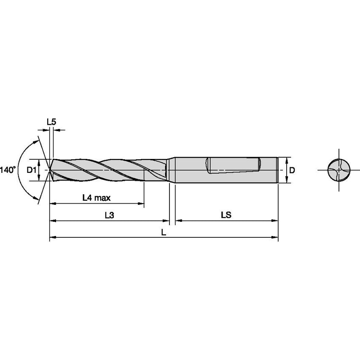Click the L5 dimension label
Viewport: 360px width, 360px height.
(51, 122)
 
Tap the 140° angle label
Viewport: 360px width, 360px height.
(8, 170)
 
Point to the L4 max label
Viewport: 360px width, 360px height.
(97, 197)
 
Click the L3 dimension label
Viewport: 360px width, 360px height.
(109, 215)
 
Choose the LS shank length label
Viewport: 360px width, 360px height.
(226, 215)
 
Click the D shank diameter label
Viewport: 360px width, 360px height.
(291, 170)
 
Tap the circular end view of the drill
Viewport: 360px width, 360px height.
(339, 170)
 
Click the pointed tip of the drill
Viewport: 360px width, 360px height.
(50, 170)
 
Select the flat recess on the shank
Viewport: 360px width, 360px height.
(233, 165)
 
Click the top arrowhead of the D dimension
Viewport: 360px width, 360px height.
(287, 160)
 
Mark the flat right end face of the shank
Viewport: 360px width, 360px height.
(277, 170)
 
